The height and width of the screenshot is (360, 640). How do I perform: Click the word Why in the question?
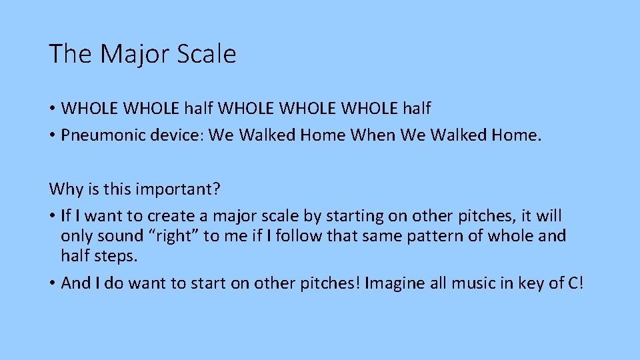(x=62, y=190)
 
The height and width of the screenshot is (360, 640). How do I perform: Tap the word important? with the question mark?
(x=179, y=190)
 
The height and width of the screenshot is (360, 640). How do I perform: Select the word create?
(x=171, y=217)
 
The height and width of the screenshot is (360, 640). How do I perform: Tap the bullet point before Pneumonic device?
(x=52, y=136)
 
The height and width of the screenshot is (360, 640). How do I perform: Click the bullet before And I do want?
(x=52, y=283)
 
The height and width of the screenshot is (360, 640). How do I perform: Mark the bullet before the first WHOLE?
(x=52, y=108)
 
